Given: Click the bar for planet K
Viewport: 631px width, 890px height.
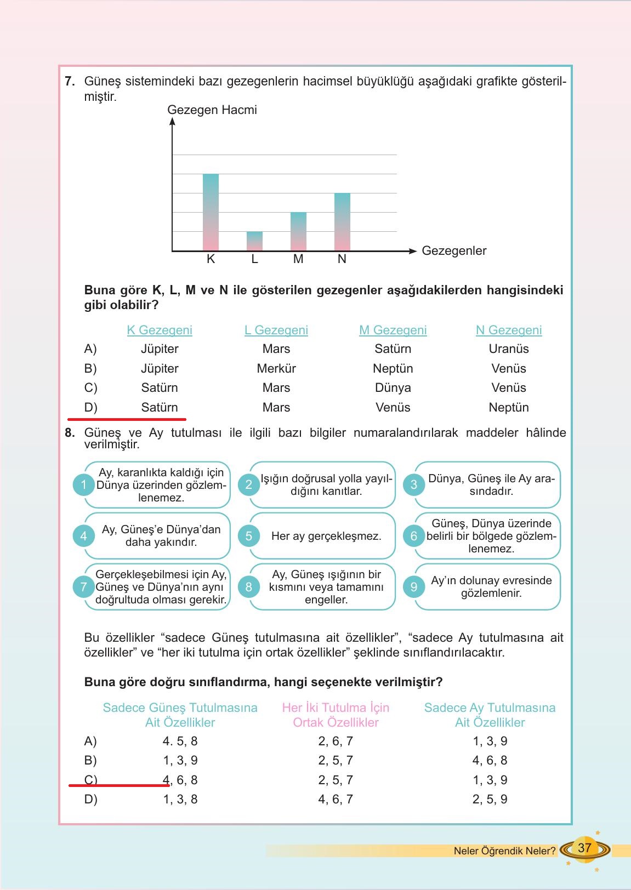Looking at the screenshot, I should pos(211,213).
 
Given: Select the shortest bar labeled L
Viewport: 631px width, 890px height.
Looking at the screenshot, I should pos(254,241).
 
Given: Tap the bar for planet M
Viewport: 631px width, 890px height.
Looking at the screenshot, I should pos(298,232).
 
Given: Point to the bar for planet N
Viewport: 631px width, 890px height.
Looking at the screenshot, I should pos(342,222).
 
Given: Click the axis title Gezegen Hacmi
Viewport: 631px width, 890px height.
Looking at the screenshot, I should pos(212,110).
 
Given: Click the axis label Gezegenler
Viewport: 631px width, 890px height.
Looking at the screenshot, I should pos(454,251).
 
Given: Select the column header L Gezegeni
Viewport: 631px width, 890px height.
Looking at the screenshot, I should pos(276,330).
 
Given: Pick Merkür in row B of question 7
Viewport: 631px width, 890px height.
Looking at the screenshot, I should pos(276,368).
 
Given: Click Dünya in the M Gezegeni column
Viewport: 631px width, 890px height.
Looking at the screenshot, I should pos(393,387).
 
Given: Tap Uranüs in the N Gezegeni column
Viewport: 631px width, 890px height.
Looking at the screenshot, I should pos(509,349).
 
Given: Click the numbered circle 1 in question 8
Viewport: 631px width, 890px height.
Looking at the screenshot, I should pos(84,484).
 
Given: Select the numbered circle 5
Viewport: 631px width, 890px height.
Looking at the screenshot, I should pos(249,535).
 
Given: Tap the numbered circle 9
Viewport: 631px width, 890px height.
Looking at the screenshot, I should pos(414,586).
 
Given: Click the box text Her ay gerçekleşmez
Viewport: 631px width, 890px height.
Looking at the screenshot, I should pos(326,536).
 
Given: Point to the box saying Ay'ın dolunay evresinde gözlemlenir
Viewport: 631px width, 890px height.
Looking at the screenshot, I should pos(491,586).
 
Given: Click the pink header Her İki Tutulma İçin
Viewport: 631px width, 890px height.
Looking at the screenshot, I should pos(336,708).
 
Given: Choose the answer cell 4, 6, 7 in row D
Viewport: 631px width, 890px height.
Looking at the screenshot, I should pos(336,799).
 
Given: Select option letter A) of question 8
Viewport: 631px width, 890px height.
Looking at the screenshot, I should pos(90,741).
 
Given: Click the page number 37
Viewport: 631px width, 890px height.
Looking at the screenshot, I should pos(584,847).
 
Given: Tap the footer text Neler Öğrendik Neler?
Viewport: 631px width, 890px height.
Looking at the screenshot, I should pos(504,851).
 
